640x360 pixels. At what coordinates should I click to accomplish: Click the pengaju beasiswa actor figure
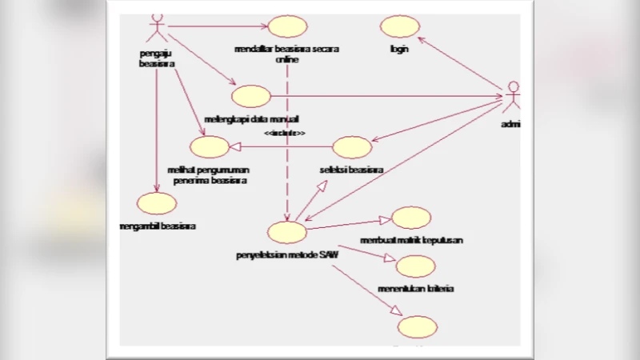(x=157, y=29)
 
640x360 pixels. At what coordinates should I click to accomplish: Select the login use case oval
(x=399, y=26)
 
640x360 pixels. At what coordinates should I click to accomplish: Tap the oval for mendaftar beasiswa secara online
(x=287, y=26)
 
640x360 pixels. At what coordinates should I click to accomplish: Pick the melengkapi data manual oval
(x=250, y=96)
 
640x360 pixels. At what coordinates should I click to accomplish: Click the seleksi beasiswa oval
(x=352, y=147)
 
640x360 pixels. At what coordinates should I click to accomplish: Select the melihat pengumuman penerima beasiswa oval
(x=210, y=146)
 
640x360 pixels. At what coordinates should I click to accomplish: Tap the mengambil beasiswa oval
(x=157, y=204)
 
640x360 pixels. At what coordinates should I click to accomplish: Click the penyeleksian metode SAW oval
(x=287, y=232)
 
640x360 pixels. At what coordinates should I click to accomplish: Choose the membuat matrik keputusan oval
(x=411, y=218)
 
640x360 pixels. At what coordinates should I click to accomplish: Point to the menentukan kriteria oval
(x=415, y=266)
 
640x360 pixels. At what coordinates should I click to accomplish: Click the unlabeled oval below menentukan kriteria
(x=418, y=327)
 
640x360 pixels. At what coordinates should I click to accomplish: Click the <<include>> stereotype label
(x=286, y=133)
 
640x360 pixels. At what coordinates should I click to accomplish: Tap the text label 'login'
(x=399, y=49)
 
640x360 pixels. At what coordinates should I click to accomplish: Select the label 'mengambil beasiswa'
(x=157, y=226)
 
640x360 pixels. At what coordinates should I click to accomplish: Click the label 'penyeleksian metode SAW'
(x=287, y=255)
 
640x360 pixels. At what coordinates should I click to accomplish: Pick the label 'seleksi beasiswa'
(x=351, y=170)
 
